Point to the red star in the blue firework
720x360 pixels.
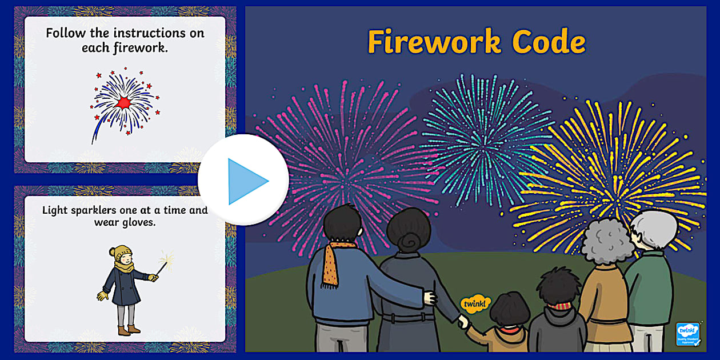(x=123, y=102)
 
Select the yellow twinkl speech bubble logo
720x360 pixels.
(x=475, y=303)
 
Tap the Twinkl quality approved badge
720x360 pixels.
(x=688, y=334)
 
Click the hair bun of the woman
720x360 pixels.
(x=407, y=241)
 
